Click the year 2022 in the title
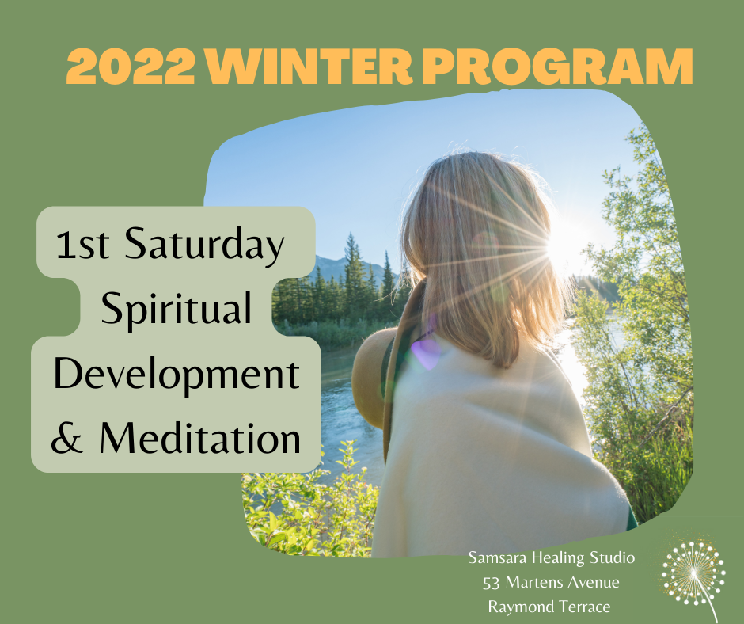131,66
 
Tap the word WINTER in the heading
309,66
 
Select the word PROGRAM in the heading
557,66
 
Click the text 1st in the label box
82,245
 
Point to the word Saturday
204,248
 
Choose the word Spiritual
176,310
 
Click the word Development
177,375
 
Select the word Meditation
200,439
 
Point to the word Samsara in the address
497,557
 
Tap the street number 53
492,583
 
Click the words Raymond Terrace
549,607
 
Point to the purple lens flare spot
426,353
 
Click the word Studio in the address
612,557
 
